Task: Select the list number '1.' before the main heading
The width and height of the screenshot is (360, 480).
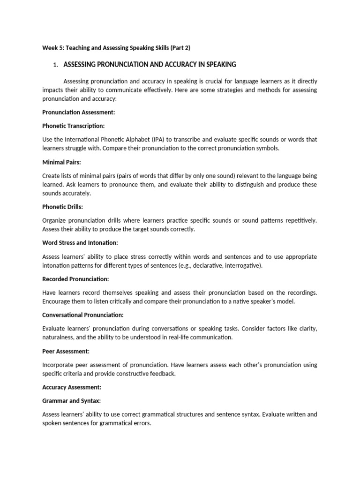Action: point(56,64)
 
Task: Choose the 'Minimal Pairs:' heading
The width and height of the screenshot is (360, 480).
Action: point(61,162)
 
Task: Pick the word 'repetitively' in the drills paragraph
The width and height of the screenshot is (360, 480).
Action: point(298,220)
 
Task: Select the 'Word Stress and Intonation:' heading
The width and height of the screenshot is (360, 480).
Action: point(80,243)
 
